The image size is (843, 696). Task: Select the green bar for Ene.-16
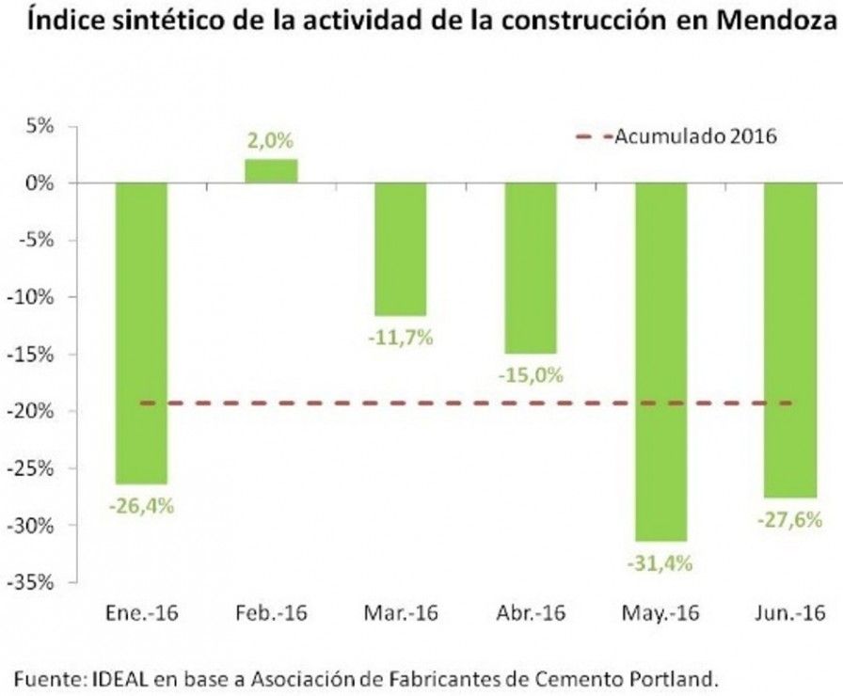(141, 333)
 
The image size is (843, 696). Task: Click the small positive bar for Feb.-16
(271, 171)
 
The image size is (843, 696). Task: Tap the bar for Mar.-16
(401, 249)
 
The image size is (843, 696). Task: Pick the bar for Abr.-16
(531, 268)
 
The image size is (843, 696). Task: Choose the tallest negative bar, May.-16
(660, 362)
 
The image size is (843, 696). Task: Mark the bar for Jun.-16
(790, 340)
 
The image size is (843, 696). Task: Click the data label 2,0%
(270, 141)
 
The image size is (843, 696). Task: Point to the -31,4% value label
(660, 563)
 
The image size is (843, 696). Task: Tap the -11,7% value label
(401, 338)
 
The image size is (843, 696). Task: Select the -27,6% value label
(789, 520)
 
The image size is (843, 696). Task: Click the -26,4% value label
(141, 506)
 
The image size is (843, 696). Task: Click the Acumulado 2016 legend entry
(676, 136)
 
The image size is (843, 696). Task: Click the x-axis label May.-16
(660, 613)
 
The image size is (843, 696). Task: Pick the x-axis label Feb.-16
(272, 612)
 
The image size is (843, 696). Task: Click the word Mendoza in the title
(777, 20)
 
